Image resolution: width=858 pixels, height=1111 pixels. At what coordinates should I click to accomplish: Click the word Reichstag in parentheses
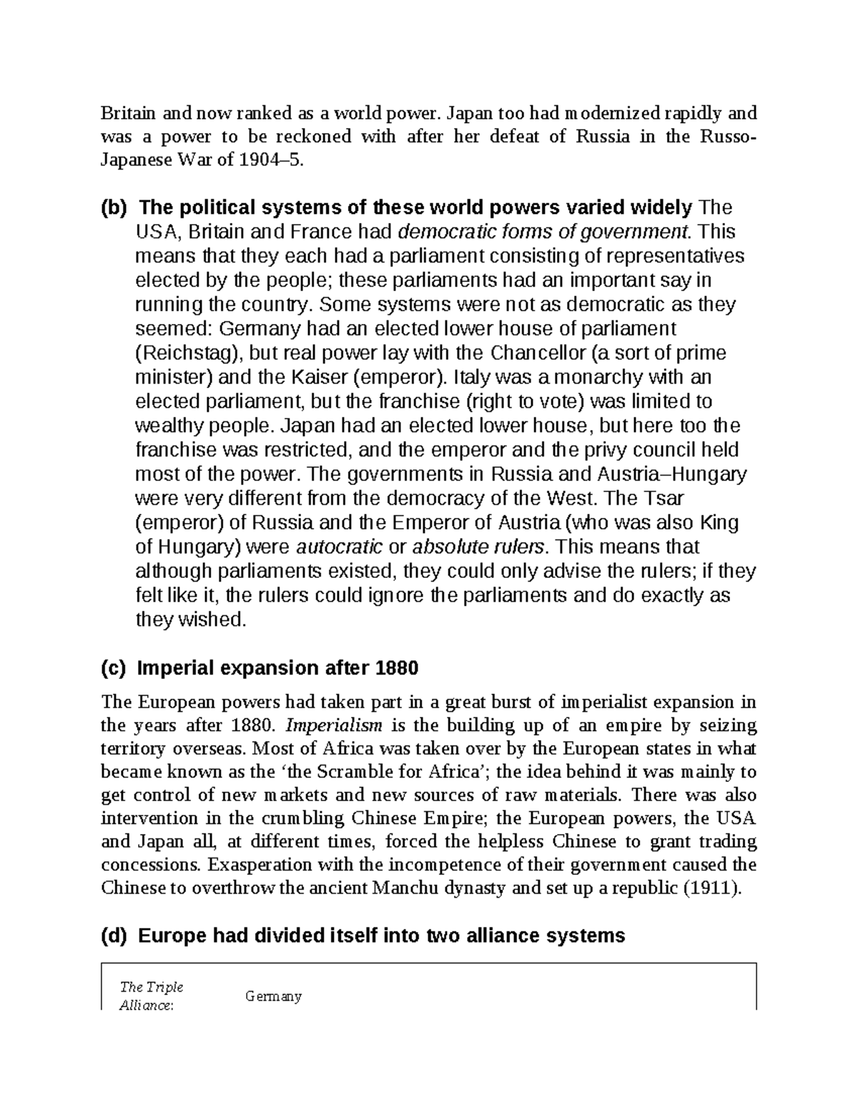point(189,353)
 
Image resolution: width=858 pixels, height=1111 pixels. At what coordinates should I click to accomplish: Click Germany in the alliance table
point(273,996)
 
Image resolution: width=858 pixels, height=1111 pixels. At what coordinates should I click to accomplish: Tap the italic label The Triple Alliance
point(152,995)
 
